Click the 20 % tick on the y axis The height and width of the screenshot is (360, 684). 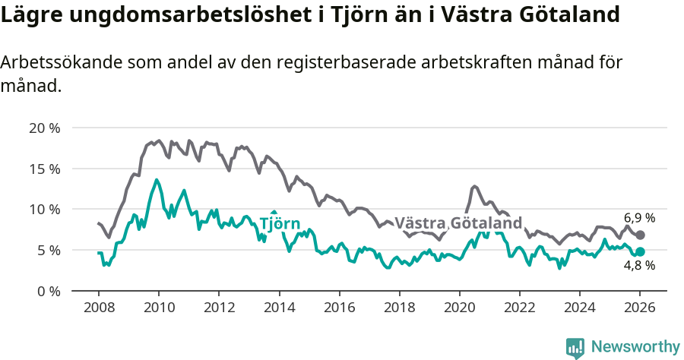coord(44,128)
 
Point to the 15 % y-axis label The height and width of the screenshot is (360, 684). coord(44,169)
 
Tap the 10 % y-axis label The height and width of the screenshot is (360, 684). coord(44,209)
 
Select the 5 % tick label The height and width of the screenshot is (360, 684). coord(48,250)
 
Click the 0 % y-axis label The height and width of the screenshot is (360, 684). coord(48,291)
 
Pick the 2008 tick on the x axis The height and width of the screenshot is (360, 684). coord(99,308)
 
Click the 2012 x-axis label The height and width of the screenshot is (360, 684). coord(219,308)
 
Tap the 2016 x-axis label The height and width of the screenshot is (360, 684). coord(339,308)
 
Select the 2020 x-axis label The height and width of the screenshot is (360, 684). coord(459,308)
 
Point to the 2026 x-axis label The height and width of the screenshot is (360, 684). coord(640,308)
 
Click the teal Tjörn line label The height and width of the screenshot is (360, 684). coord(280,223)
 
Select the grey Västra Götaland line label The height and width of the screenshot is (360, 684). coord(458,223)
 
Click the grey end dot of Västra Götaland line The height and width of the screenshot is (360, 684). coord(640,235)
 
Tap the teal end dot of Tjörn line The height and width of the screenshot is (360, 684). coord(640,251)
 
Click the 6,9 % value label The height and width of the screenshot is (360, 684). coord(639,218)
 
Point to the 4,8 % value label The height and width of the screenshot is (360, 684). coord(639,266)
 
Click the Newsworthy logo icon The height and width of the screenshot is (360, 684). coord(575,347)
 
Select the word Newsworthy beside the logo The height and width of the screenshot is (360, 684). coord(635,346)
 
